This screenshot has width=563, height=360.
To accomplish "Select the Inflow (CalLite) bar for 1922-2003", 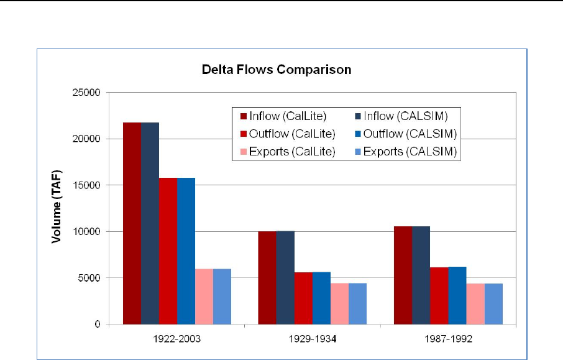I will pos(132,223).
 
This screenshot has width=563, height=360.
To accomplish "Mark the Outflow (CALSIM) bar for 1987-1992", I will pos(457,295).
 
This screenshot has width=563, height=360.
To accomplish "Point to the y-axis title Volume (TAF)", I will pos(56,208).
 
